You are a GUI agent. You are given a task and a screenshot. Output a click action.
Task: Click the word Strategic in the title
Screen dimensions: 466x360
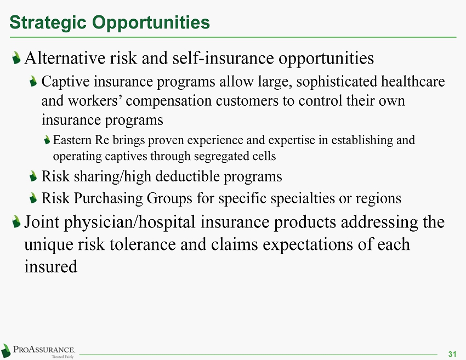(x=48, y=23)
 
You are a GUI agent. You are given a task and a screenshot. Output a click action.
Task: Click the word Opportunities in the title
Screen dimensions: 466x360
(x=151, y=23)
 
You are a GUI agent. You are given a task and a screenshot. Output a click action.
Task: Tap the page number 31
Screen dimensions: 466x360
(x=452, y=354)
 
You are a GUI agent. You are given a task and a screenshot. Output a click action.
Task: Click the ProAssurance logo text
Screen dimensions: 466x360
(x=44, y=350)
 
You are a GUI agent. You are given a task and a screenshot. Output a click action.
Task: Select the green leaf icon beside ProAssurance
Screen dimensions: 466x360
(x=6, y=351)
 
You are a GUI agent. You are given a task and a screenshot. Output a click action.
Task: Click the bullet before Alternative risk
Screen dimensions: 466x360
(x=16, y=58)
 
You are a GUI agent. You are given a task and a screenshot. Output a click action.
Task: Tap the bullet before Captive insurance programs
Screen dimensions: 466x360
(x=33, y=82)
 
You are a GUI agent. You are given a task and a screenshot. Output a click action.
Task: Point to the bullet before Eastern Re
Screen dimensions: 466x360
(x=47, y=140)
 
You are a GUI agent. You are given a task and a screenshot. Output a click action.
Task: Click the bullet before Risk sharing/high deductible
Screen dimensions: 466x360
(x=33, y=176)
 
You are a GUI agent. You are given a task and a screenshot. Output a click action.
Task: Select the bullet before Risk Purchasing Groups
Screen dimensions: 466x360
(x=33, y=198)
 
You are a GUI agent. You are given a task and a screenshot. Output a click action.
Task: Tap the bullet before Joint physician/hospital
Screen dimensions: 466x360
(x=16, y=222)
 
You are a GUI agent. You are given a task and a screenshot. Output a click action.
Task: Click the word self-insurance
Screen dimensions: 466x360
(x=223, y=58)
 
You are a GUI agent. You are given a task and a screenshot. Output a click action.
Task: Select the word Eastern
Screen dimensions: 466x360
(x=72, y=140)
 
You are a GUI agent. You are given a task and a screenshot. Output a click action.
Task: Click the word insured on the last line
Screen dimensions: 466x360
(x=51, y=266)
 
